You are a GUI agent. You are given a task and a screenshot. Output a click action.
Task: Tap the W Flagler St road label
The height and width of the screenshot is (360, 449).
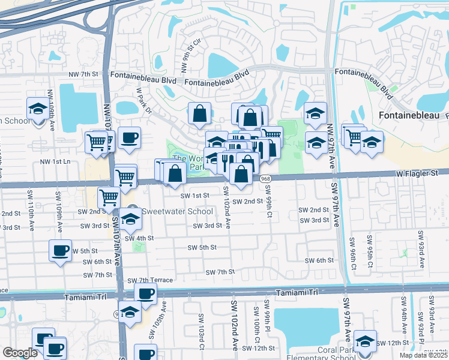(417, 173)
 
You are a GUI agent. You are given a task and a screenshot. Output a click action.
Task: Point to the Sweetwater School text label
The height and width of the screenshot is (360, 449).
(177, 211)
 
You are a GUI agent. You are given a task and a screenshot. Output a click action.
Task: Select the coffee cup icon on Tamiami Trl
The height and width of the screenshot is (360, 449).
(145, 293)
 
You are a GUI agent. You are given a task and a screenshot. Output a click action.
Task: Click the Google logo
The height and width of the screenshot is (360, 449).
(20, 353)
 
